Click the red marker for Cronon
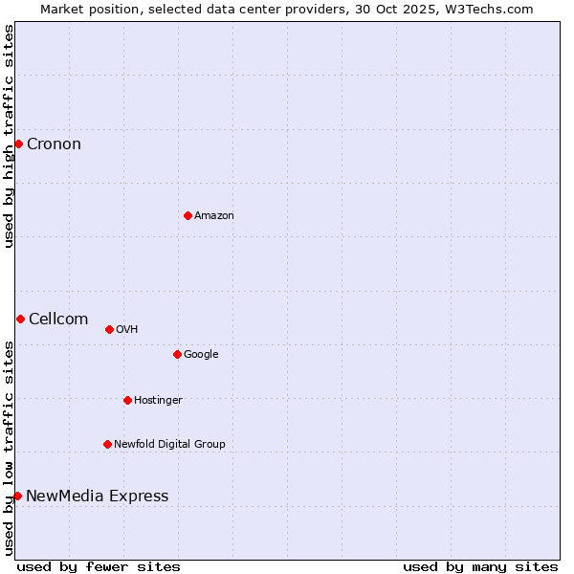18,144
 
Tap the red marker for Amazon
188,215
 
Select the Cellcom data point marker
20,319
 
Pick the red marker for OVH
109,329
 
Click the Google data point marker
177,354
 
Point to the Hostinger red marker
127,400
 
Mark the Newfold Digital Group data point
107,444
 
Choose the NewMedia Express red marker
17,496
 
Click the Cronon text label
54,144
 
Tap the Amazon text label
214,216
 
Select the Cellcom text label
58,320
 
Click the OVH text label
127,330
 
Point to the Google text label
201,355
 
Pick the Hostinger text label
158,401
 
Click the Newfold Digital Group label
169,445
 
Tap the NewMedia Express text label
97,497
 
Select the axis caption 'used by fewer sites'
99,566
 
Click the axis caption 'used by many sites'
480,566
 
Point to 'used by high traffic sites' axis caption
9,137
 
